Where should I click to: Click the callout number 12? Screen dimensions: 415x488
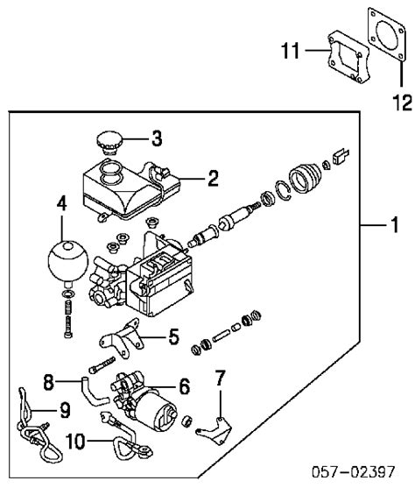coord(402,103)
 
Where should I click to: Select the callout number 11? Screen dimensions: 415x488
coord(291,51)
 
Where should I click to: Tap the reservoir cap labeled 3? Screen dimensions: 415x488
coord(109,143)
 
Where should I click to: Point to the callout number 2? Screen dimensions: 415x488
coord(213,179)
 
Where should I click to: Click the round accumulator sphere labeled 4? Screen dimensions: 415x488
coord(68,261)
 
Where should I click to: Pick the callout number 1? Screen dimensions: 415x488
coord(395,224)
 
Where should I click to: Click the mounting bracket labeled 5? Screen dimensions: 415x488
coord(122,338)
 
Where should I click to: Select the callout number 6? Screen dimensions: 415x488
coord(185,386)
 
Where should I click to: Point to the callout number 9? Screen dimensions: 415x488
coord(65,411)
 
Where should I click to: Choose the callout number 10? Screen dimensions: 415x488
coord(75,442)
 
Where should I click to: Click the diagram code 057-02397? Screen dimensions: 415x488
coord(354,472)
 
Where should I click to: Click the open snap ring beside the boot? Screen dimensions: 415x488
coord(283,190)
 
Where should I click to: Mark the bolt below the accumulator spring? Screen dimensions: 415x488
coord(68,327)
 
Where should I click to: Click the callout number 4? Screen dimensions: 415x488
coord(61,203)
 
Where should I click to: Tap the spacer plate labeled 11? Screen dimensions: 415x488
coord(348,57)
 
